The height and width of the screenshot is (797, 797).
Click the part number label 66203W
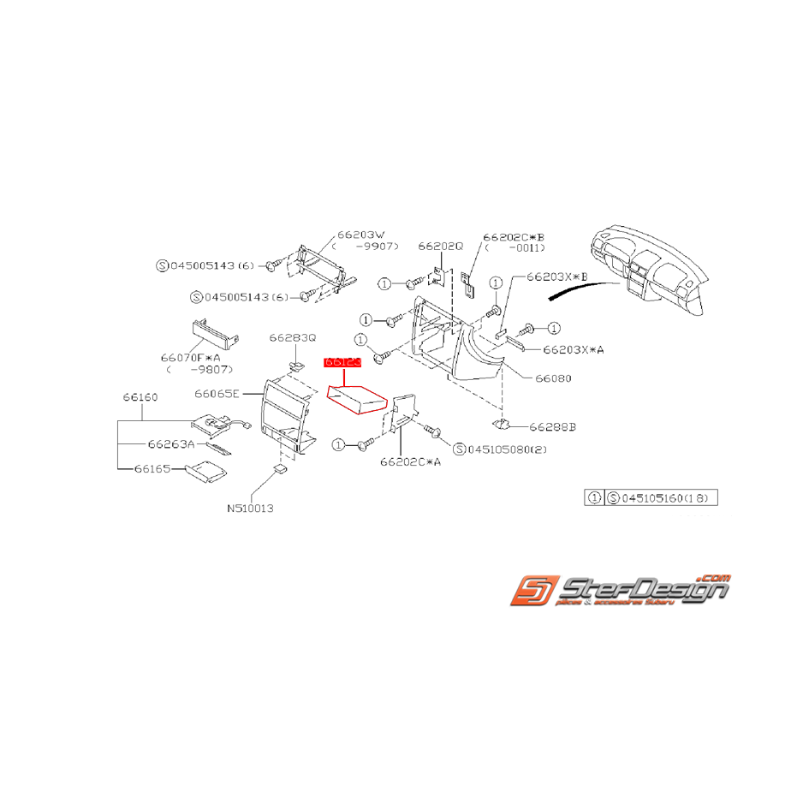point(361,233)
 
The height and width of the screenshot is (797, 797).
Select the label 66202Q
point(441,246)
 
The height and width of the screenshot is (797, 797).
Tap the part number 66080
point(553,378)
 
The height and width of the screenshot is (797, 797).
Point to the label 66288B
point(552,425)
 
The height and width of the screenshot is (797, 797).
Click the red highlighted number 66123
point(342,363)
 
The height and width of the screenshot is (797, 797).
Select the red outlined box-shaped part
point(357,399)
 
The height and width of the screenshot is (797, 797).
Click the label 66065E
point(217,394)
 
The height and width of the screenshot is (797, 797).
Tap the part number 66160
point(140,397)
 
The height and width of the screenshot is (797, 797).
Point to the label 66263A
point(171,444)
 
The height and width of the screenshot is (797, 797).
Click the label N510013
point(250,507)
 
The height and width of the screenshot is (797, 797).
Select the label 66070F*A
point(190,357)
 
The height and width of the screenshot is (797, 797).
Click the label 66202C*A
point(411,462)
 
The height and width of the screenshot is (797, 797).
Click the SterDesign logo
point(621,591)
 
